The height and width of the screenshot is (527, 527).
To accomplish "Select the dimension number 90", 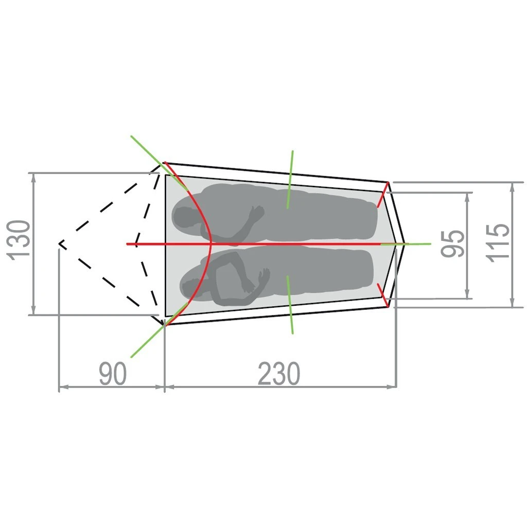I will (112, 374).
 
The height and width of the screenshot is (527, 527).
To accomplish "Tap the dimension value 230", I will (278, 374).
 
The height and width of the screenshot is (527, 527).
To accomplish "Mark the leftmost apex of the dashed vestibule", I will (60, 243).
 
